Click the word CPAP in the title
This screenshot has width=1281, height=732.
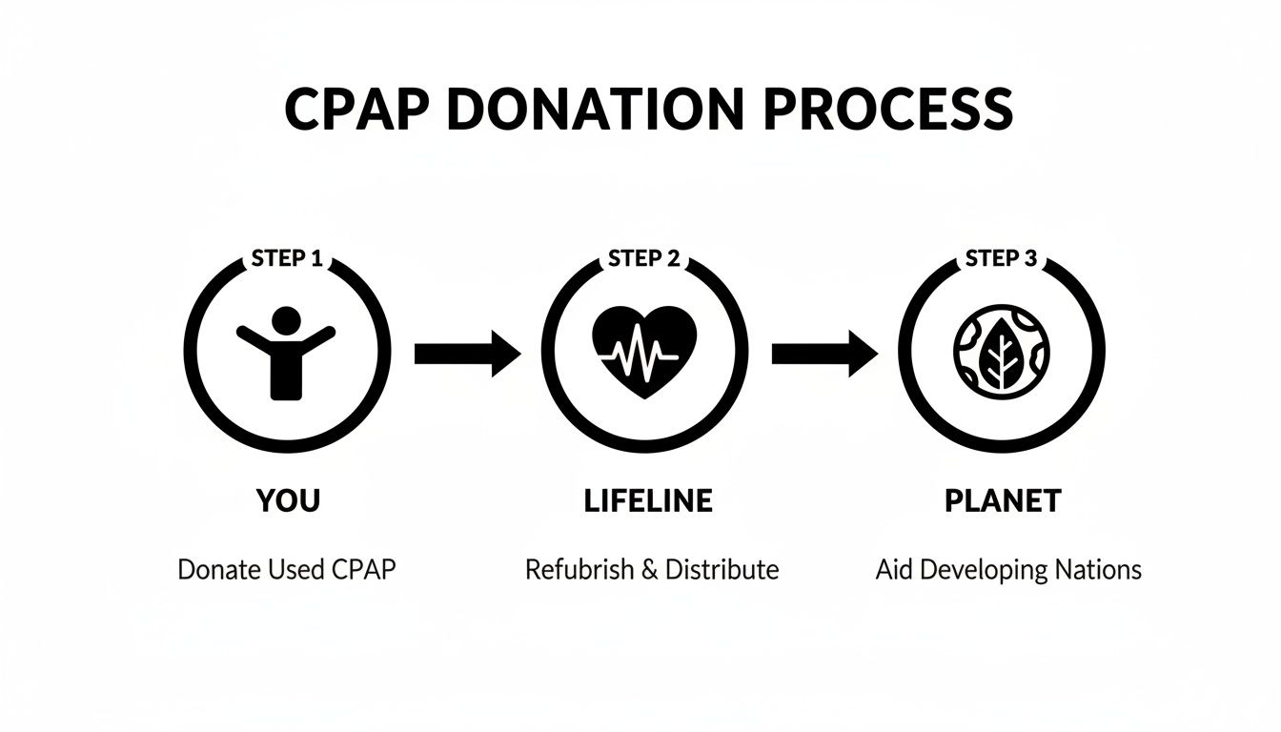(x=356, y=110)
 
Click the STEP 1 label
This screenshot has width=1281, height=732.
(x=286, y=258)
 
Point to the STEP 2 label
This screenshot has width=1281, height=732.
(x=643, y=258)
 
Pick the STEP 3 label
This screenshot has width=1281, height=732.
(x=1002, y=258)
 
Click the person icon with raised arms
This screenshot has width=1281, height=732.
(x=286, y=352)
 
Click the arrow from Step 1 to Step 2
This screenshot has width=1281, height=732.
(x=468, y=354)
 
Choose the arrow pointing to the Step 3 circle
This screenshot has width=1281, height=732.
(x=824, y=354)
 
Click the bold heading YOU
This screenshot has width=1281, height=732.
(x=287, y=501)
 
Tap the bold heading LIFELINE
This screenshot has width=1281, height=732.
(x=647, y=501)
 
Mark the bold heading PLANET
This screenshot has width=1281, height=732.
(x=1003, y=501)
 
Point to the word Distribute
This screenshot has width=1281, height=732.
(x=722, y=570)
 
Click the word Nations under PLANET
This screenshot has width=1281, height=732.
(x=1099, y=570)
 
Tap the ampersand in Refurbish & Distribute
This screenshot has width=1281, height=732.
(x=649, y=570)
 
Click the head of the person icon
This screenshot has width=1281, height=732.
(x=286, y=319)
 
